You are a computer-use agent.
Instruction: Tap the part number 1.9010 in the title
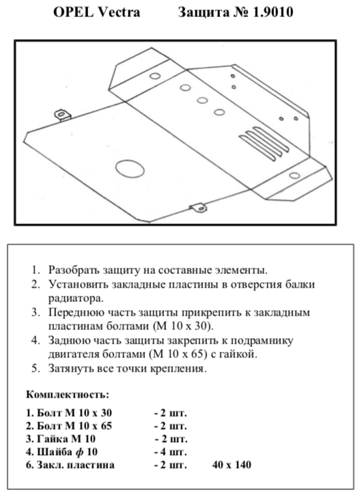273,12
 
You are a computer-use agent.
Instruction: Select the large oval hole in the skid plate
130,168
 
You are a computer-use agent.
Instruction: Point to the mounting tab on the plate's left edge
62,115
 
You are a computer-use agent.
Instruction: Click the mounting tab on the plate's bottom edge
198,208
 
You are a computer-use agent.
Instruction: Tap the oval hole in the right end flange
294,176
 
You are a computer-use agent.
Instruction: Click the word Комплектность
68,395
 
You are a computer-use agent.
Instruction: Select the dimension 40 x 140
232,465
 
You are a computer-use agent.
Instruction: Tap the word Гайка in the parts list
50,439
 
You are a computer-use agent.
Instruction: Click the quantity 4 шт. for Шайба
171,452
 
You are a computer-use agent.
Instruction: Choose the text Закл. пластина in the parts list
76,465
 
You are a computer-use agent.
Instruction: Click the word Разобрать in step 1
73,271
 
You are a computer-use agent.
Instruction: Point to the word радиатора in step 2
76,299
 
